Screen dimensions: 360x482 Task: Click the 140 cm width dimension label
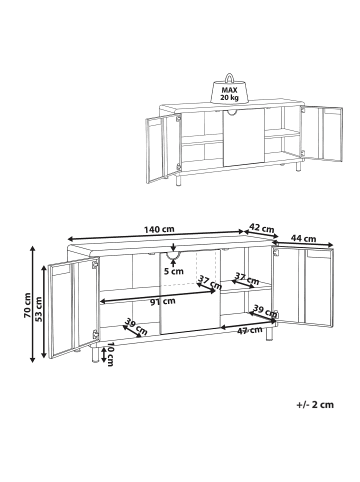pos(159,229)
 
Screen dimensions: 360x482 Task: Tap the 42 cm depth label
pos(262,228)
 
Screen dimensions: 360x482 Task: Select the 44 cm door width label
pos(303,238)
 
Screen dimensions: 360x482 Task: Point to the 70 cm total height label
pos(27,305)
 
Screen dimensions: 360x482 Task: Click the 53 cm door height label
pos(39,309)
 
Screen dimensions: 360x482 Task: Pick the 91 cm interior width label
pos(163,301)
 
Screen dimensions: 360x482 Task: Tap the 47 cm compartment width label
pos(249,330)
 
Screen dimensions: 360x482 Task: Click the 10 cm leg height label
pos(110,354)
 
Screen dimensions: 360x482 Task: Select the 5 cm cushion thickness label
pos(174,271)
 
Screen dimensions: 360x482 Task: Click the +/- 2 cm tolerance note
pos(315,405)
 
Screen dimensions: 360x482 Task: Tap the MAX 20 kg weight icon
pos(230,88)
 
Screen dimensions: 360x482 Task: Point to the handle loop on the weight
pos(230,78)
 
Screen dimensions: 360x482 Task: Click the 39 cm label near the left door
pos(136,327)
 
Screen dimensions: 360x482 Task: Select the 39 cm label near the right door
pos(265,310)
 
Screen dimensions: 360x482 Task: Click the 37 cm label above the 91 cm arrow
pos(210,282)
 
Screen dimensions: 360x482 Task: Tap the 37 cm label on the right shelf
pos(247,279)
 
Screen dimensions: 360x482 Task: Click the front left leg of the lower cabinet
pos(94,355)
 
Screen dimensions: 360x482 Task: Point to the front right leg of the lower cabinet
pos(269,333)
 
